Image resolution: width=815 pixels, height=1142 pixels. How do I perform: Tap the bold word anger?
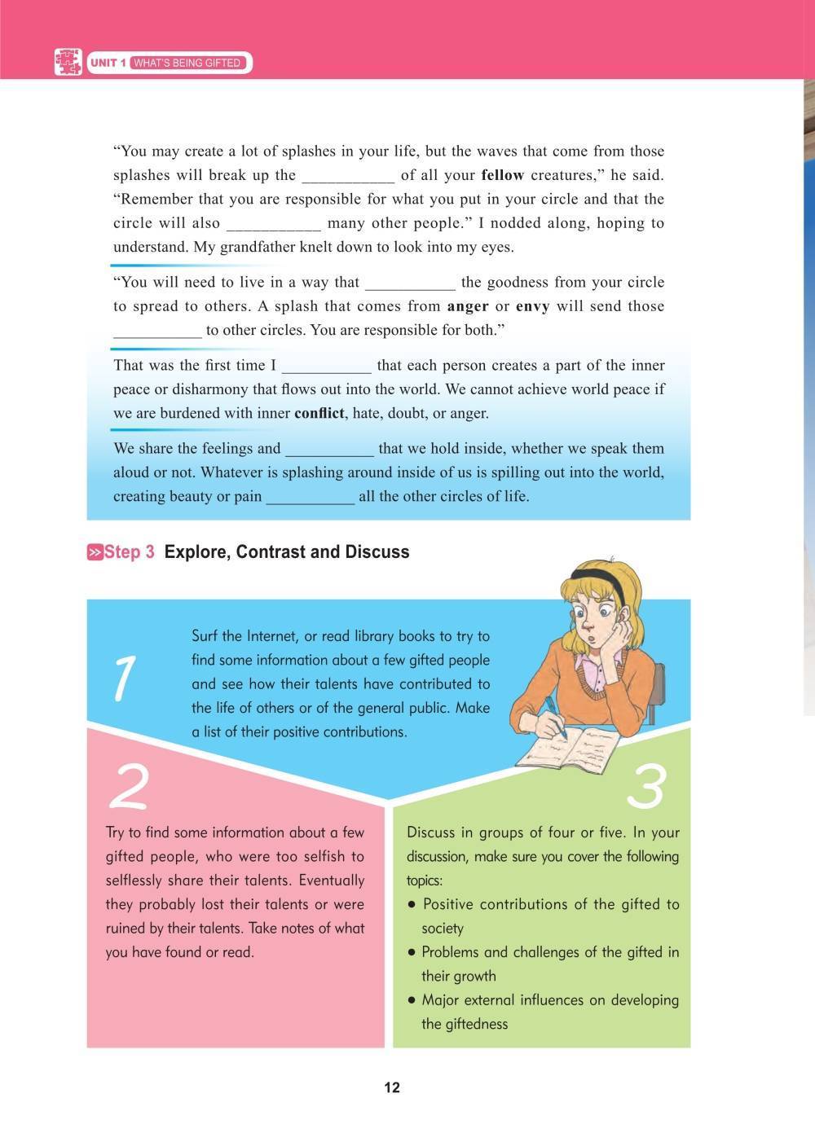coord(468,306)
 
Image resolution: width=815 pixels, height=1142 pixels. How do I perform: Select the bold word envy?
coord(533,306)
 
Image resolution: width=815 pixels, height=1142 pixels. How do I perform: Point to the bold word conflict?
coord(319,413)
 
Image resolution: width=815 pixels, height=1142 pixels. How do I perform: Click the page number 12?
coord(392,1087)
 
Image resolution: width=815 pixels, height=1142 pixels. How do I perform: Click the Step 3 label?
coord(129,552)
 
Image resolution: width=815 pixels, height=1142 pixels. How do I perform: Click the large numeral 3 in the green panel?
coord(646,787)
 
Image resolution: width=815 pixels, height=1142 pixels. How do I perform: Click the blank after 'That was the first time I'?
coord(326,366)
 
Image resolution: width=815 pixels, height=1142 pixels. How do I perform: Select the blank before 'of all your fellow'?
coord(348,176)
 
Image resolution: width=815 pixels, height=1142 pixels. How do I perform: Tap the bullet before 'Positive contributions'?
coord(412,904)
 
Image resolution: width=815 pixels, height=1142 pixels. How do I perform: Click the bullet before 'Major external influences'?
coord(412,1000)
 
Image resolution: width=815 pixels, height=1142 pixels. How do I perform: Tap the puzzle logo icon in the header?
coord(68,63)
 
